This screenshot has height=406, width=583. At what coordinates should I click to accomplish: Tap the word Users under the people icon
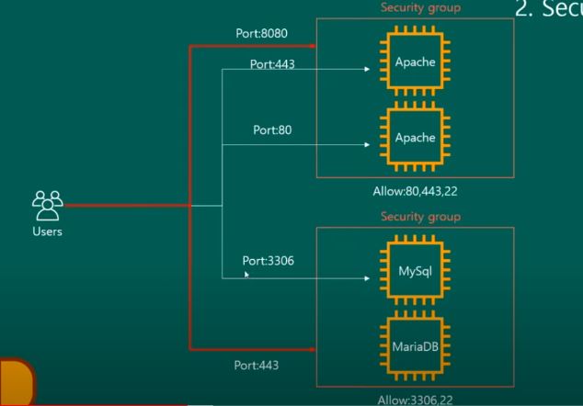point(46,231)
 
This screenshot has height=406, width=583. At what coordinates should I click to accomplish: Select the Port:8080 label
point(262,33)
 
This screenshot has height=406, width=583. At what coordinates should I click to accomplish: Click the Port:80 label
point(273,130)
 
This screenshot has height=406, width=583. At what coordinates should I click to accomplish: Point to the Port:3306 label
point(268,261)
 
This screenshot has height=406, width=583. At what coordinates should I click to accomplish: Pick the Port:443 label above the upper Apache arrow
point(273,64)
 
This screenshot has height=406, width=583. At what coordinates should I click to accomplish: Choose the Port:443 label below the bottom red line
point(257,365)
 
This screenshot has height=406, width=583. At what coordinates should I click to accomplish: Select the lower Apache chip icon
point(415,139)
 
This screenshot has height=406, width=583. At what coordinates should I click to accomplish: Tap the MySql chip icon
point(415,273)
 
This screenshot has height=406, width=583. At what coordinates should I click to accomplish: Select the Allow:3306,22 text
point(415,400)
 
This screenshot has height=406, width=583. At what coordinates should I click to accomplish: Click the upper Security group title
point(420,8)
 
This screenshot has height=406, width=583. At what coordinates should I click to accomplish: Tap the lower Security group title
point(420,217)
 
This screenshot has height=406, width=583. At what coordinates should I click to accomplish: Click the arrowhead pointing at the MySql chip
point(372,275)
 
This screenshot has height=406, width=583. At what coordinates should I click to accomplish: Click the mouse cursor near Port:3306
point(247,271)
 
